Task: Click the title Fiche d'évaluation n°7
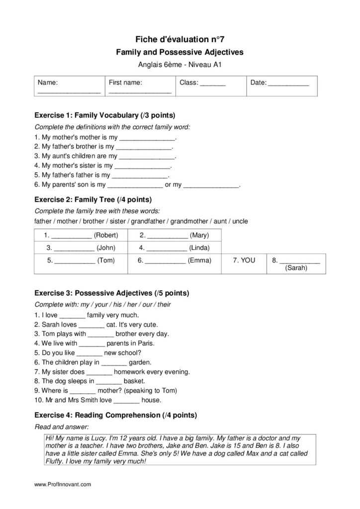(180, 39)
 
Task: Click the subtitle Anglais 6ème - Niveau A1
(180, 64)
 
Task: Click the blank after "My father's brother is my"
(144, 147)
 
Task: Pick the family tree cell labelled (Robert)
(81, 235)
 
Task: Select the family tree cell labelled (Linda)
(174, 248)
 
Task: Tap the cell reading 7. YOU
(244, 260)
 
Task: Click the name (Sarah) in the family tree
(296, 268)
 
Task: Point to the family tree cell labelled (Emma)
(174, 260)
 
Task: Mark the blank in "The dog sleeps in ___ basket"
(108, 381)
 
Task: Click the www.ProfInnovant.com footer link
(63, 484)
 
